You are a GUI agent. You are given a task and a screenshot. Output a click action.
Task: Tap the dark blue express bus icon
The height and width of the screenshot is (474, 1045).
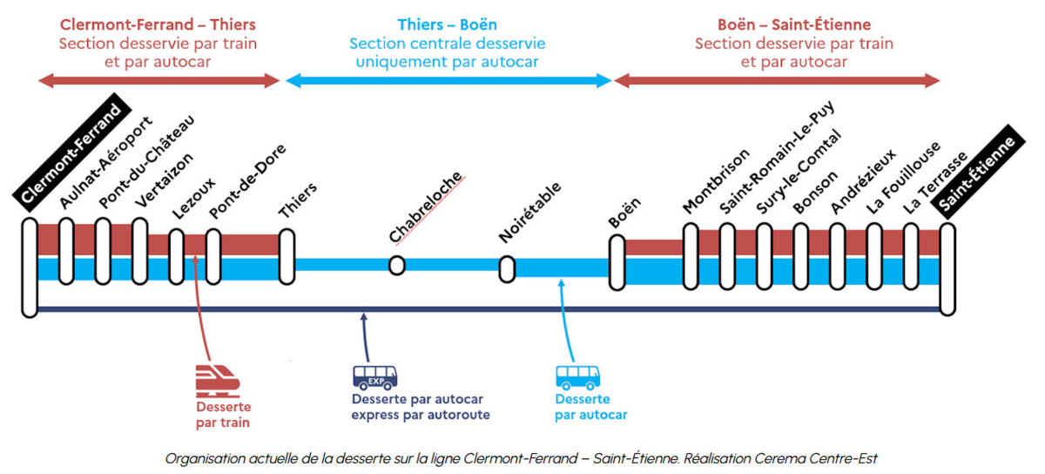374,376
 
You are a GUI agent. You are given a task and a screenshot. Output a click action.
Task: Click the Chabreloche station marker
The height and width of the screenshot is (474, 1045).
397,266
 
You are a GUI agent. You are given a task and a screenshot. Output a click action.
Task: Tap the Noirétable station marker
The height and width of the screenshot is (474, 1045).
507,268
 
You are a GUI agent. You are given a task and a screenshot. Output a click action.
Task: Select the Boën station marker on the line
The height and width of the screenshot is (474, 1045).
617,262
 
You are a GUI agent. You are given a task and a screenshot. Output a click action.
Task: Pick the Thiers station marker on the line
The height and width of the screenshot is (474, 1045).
286,257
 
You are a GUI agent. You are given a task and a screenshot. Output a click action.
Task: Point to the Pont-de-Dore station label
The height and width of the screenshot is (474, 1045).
247,182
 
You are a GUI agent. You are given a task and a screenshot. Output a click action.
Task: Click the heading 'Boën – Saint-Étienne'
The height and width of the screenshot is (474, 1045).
794,24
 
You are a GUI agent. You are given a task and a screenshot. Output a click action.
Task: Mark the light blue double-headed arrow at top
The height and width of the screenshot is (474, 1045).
448,81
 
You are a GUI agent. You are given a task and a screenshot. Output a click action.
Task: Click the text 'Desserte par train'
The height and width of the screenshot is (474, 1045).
224,415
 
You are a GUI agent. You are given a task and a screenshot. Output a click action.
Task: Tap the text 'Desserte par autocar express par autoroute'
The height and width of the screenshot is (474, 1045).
421,407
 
